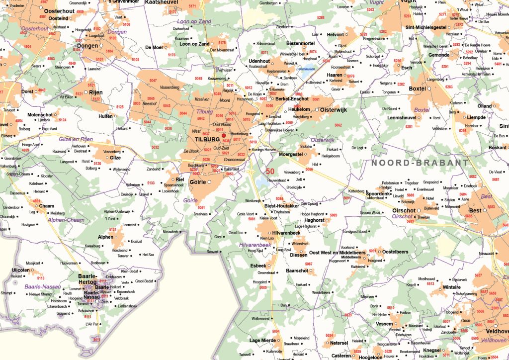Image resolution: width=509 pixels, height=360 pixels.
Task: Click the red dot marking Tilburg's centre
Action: [224, 135]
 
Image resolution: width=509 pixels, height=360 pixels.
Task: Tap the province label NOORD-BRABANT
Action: [420, 163]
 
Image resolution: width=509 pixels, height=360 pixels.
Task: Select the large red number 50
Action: [270, 171]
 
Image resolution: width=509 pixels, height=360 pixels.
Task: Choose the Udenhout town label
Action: [259, 61]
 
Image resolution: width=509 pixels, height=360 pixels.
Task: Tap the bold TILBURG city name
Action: [208, 139]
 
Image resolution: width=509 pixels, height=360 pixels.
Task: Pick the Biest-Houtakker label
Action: [281, 205]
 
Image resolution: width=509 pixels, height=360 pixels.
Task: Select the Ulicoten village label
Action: [21, 270]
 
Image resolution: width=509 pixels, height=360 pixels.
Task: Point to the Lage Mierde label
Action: [262, 340]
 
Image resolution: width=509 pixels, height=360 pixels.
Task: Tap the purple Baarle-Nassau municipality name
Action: [43, 287]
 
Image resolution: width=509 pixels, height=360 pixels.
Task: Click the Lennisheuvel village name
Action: [402, 118]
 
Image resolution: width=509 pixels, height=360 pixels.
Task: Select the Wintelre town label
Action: [451, 287]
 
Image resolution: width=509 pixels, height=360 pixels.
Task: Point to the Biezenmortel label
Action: [300, 44]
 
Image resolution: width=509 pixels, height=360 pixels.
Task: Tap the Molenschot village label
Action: [40, 115]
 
